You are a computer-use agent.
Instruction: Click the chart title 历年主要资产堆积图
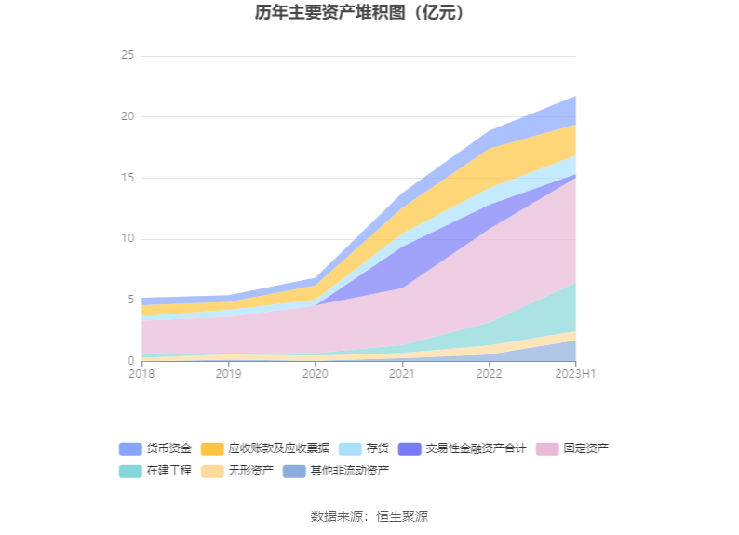pos(359,13)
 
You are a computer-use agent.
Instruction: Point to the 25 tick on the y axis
pos(128,56)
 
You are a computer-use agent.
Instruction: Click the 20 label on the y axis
pos(128,117)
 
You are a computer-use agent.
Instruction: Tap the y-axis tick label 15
pos(128,178)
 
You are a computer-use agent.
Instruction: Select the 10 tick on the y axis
pos(128,239)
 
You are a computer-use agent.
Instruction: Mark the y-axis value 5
pos(131,300)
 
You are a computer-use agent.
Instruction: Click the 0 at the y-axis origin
pos(131,361)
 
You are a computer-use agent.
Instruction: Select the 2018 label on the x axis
pos(141,374)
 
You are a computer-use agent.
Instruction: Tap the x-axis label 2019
pos(228,374)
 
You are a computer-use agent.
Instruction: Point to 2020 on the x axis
pos(315,374)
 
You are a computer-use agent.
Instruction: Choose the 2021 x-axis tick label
pos(402,374)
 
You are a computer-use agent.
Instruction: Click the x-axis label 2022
pos(489,374)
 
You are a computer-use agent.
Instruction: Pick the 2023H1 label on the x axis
pos(575,374)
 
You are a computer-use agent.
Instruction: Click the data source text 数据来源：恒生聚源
pos(369,516)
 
